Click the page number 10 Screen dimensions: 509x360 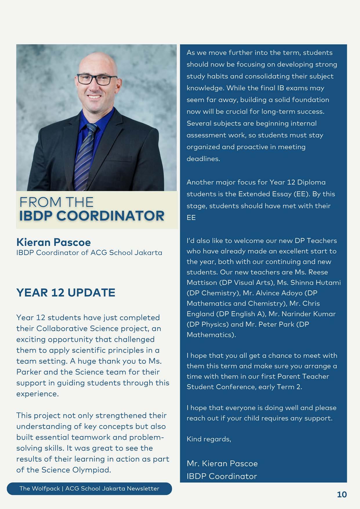pos(342,494)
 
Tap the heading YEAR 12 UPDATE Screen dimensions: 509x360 pos(66,293)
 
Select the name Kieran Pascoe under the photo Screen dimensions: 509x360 pos(54,242)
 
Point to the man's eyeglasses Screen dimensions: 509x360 pos(97,79)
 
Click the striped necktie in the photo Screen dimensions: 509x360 pos(86,154)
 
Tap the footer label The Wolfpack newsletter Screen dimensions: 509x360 pos(89,489)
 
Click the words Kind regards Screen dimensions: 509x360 pos(209,439)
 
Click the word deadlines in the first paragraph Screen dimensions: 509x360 pos(203,159)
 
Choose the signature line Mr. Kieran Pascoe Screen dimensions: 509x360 pos(222,463)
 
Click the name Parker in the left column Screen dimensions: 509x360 pos(29,372)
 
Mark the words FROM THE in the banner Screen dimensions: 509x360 pos(57,202)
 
